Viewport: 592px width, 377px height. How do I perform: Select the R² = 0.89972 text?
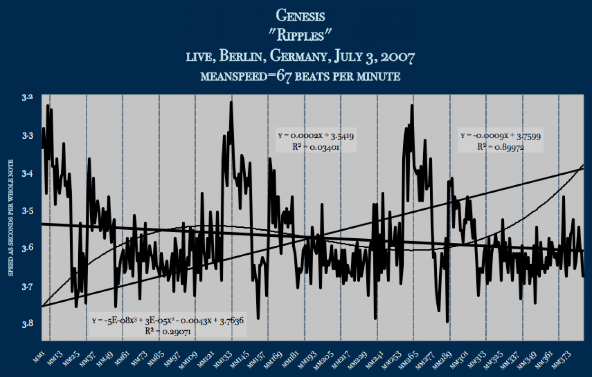(x=501, y=147)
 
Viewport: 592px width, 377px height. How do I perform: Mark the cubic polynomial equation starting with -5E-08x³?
(x=168, y=321)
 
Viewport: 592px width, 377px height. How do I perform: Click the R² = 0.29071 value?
(x=168, y=331)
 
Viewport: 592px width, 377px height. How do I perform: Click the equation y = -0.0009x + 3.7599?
(x=501, y=135)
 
